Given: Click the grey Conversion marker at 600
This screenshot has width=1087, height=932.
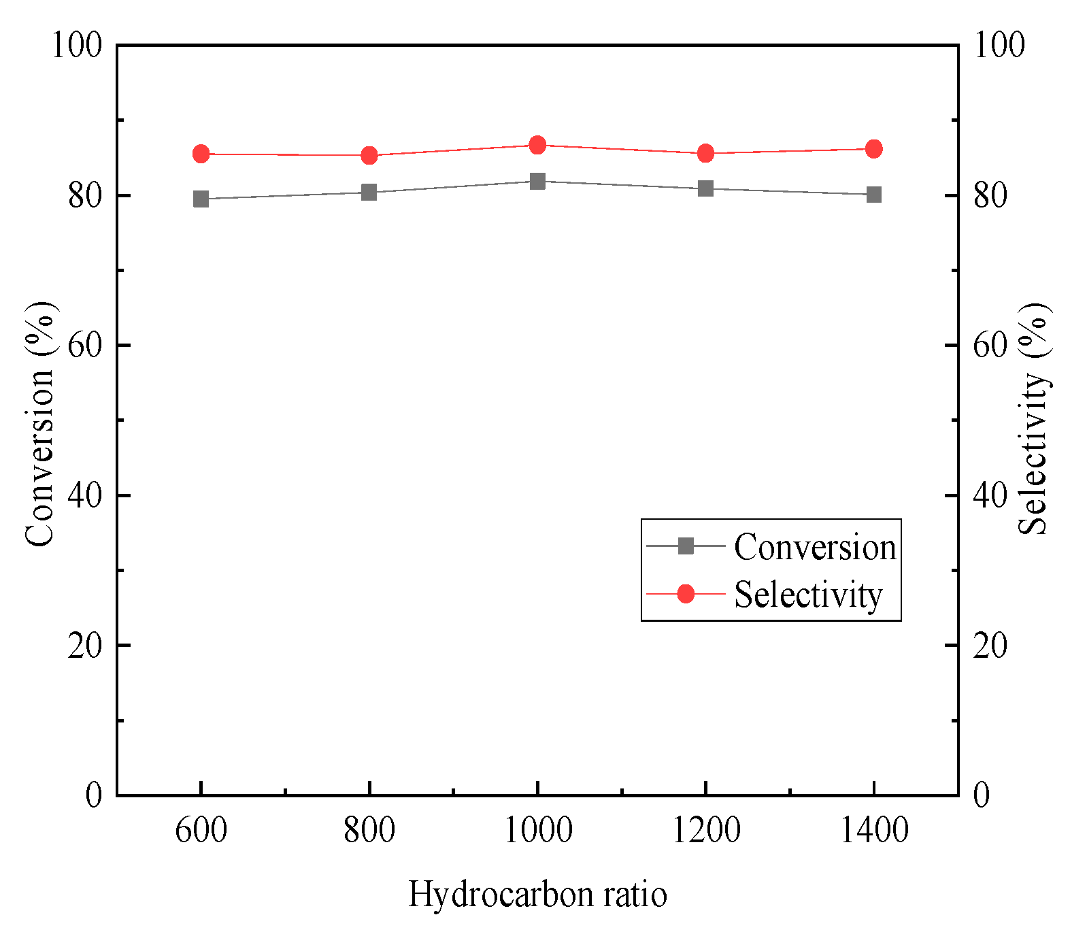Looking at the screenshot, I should pos(201,199).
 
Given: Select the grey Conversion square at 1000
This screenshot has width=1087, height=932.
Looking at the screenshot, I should pos(537,181).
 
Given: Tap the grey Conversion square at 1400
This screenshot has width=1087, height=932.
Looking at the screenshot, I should pos(874,195).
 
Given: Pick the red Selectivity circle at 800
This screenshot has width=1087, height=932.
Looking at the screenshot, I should pos(369,156).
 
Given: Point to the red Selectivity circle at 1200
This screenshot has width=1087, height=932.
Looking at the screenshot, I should pos(705,153).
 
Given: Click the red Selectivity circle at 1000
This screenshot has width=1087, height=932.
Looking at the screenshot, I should pos(537,145).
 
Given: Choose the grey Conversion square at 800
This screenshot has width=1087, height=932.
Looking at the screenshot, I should pos(369,193).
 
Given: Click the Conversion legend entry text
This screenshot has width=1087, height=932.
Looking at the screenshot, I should pos(815,547).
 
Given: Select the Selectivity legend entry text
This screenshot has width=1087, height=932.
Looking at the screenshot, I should pos(808,595).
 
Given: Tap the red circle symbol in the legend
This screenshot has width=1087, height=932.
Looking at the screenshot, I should pos(686,594).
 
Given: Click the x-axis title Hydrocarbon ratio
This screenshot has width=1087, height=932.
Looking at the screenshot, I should pos(537,894).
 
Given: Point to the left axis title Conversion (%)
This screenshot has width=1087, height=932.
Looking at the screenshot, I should pos(39,423).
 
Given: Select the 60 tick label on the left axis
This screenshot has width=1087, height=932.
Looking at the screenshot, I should pos(84,346).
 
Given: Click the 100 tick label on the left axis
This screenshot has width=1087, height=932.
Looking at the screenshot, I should pos(76,46).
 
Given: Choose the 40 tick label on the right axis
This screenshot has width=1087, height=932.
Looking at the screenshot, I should pos(990,495).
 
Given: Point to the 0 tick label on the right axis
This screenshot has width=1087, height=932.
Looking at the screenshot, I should pos(981,795).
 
